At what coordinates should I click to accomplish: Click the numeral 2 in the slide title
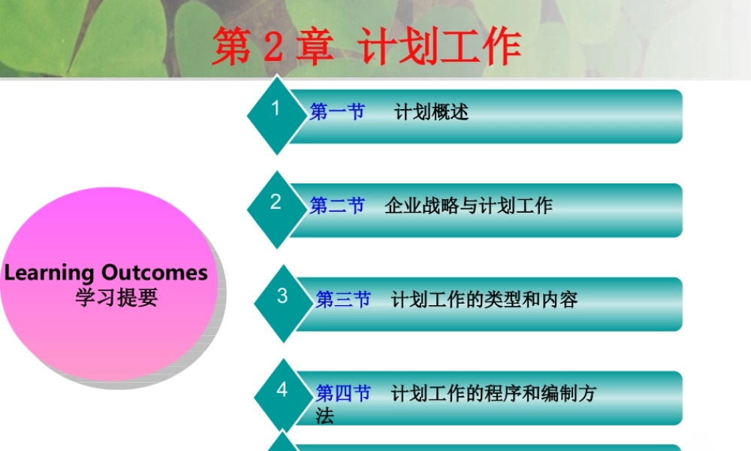[x=273, y=47]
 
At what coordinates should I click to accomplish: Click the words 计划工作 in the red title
[x=440, y=47]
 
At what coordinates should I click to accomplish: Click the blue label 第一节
[x=337, y=112]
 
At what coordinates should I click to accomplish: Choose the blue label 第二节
[x=337, y=206]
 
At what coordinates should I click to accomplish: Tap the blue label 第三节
[x=343, y=300]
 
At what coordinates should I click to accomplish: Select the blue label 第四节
[x=343, y=393]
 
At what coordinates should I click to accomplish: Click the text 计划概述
[x=431, y=112]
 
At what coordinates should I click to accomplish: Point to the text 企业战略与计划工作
[x=469, y=206]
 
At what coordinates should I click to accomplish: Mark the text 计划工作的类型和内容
[x=484, y=300]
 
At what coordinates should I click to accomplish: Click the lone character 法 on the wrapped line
[x=324, y=416]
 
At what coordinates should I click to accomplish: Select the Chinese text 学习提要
[x=116, y=298]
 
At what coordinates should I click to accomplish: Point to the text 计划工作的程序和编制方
[x=493, y=393]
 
